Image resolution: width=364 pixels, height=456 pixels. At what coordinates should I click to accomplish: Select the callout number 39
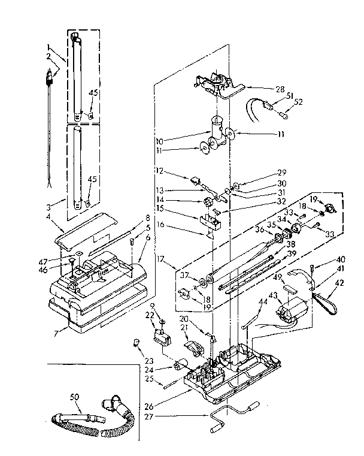tap(292, 253)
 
